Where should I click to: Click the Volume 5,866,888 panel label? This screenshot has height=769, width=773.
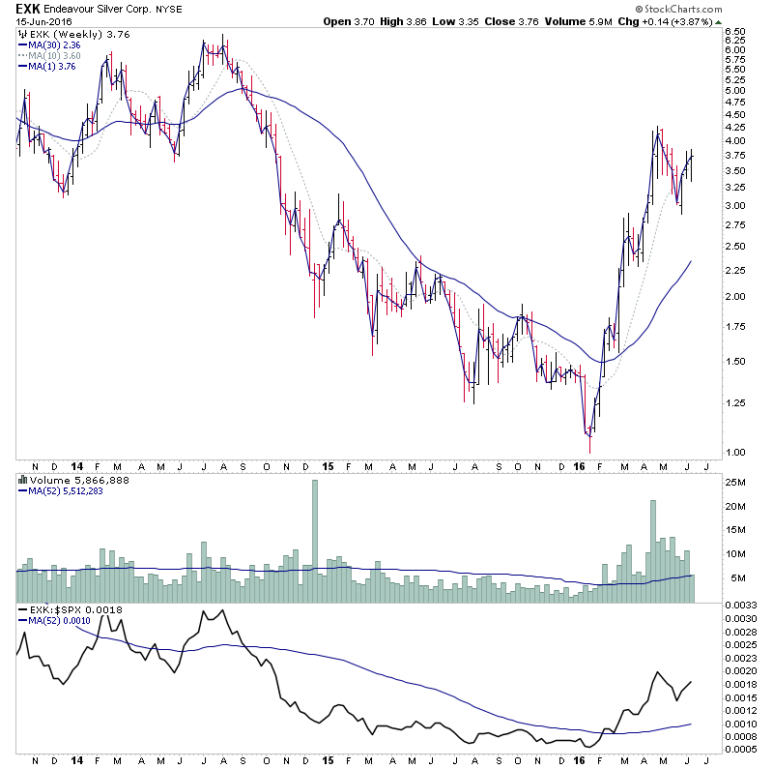[68, 479]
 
